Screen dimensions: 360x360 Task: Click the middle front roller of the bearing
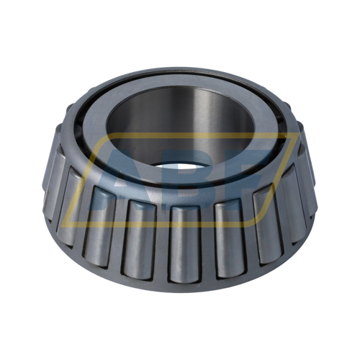click(x=184, y=243)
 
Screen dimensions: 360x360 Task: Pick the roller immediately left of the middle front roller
click(x=139, y=239)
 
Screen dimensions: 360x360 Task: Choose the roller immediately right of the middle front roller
click(x=230, y=240)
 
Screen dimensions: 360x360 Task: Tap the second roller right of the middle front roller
click(x=269, y=225)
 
